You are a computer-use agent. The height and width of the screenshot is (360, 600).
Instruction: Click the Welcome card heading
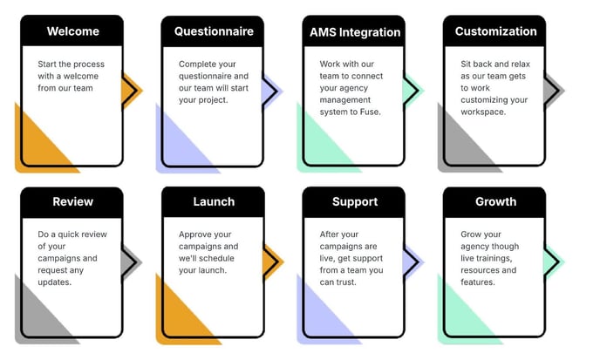pos(73,31)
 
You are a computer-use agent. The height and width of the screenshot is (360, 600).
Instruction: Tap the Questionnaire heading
pos(214,31)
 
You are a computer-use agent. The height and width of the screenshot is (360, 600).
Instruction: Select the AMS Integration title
pos(355,32)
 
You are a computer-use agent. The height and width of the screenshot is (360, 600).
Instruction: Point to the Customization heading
pos(496,31)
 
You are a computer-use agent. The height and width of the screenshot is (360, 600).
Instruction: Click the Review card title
pos(72,201)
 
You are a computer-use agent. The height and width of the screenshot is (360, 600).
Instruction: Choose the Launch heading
pos(214,201)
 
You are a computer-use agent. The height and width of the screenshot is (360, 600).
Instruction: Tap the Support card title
pos(355,202)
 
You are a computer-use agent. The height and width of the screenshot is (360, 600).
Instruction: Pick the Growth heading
pos(496,201)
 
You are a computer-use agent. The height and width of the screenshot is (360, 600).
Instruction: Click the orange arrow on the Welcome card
pos(132,91)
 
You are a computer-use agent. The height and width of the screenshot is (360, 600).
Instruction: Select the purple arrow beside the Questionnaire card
pos(272,91)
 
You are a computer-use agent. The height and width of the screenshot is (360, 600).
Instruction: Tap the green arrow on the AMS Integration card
pos(413,91)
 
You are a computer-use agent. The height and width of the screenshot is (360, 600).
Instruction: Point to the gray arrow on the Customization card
pos(554,91)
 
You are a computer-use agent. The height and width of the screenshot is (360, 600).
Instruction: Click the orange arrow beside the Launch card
pos(273,262)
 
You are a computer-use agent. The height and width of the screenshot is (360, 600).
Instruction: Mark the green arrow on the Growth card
pos(554,262)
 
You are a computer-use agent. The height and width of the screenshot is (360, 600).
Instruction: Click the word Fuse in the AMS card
pos(370,112)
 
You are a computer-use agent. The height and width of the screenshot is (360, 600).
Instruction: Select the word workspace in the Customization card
pos(483,112)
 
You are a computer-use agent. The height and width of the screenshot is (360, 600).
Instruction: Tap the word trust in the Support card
pos(345,282)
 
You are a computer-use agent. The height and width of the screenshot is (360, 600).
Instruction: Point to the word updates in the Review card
pos(55,282)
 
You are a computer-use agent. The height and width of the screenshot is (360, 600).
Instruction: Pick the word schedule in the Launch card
pos(217,258)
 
